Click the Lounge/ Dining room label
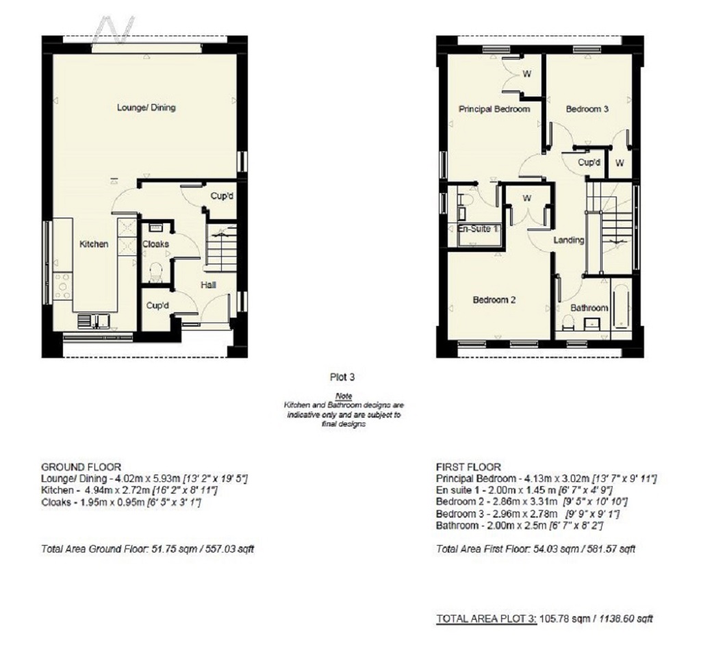tap(146, 107)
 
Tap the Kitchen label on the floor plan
tap(93, 244)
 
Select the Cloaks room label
tap(155, 244)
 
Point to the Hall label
tap(209, 284)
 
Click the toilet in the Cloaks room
tap(155, 272)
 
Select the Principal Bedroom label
tap(494, 109)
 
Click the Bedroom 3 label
tap(587, 109)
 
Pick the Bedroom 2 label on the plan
tap(494, 300)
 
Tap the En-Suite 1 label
tap(477, 229)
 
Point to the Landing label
tap(569, 240)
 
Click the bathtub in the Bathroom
tap(622, 305)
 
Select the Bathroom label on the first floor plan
tap(589, 308)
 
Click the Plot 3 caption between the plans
tap(343, 377)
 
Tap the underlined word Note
tap(342, 396)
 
